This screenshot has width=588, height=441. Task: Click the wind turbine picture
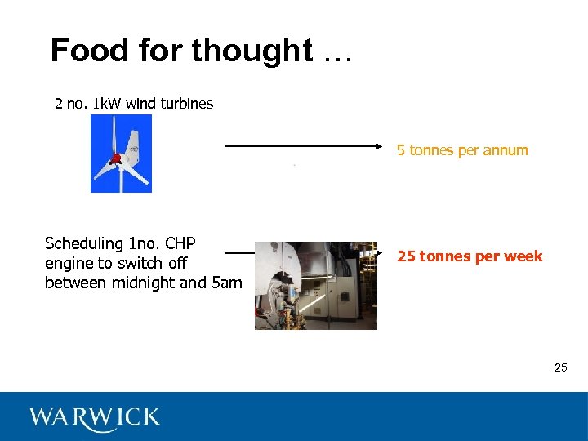121,154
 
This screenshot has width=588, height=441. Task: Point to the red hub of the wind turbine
116,158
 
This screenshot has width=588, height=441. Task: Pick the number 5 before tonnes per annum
401,150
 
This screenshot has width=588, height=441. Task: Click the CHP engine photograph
316,285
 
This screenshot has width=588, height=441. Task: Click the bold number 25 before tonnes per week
407,256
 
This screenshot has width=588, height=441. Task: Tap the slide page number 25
560,367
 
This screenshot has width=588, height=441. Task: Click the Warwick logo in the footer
95,417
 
